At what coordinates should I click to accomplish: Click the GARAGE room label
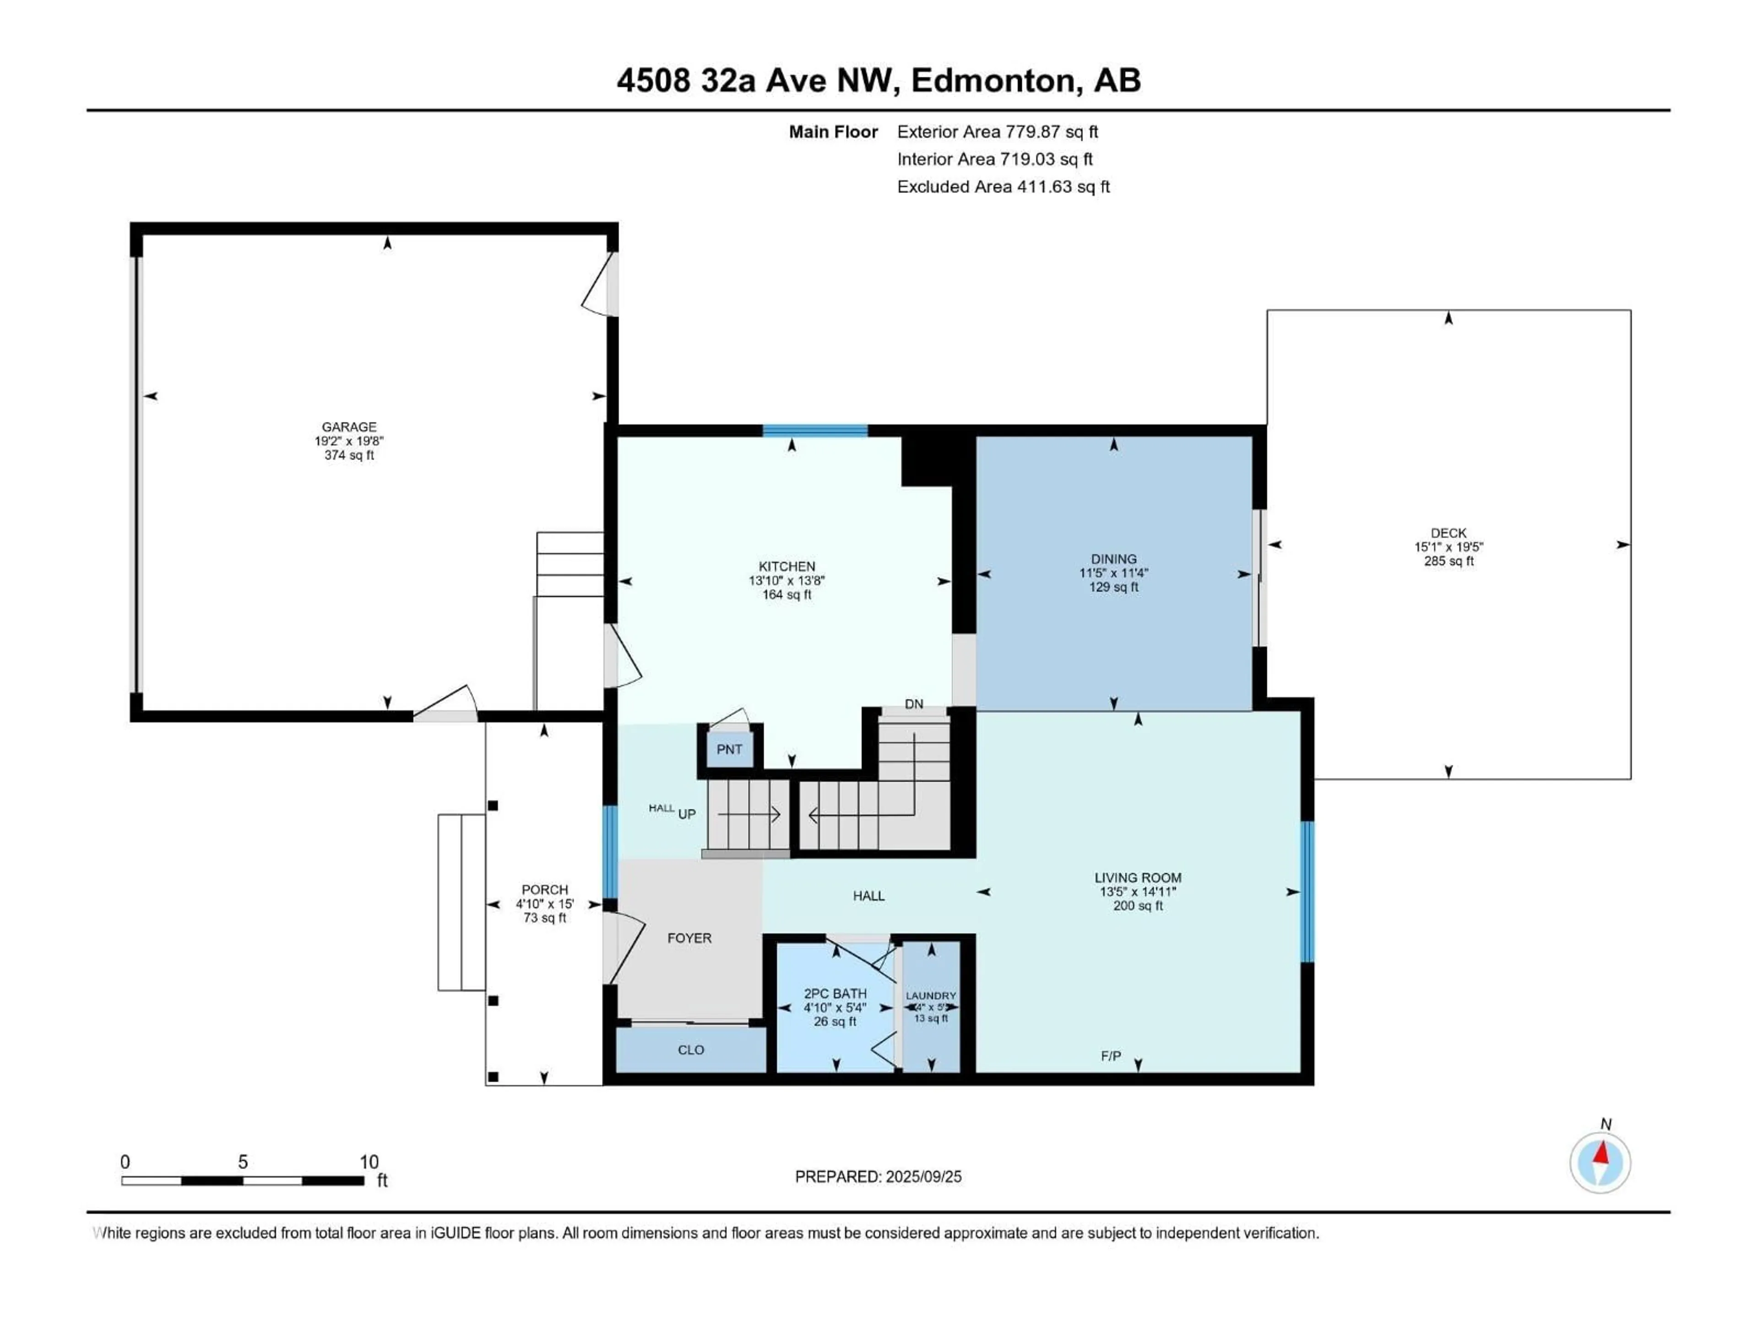(x=349, y=427)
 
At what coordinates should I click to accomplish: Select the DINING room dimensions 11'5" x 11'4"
(x=1113, y=573)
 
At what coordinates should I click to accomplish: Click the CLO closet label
(x=691, y=1050)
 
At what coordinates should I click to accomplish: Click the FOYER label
(x=689, y=938)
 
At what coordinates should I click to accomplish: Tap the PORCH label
(x=544, y=890)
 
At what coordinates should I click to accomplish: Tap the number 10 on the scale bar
(x=369, y=1161)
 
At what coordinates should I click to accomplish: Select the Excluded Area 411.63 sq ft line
(x=1003, y=187)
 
